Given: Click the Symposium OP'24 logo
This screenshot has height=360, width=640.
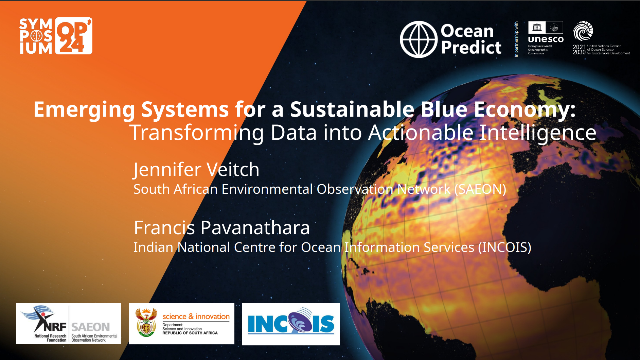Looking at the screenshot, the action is click(x=56, y=36).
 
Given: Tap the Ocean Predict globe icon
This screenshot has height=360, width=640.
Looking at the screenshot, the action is click(x=419, y=39).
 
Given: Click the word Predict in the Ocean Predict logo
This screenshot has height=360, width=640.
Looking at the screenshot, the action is click(x=471, y=47).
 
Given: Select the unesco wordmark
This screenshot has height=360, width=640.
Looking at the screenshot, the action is click(x=546, y=39).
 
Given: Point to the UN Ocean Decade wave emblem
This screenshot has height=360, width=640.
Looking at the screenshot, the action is click(x=583, y=31).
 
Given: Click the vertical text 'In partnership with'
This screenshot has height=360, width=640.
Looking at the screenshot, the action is click(x=516, y=39).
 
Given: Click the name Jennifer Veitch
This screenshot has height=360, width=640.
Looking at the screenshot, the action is click(x=196, y=169).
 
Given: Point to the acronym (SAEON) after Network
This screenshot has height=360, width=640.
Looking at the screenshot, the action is click(x=480, y=189).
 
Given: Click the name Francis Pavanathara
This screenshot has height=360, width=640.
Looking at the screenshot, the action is click(x=222, y=227).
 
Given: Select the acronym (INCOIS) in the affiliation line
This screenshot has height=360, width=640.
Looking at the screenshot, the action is click(x=504, y=247).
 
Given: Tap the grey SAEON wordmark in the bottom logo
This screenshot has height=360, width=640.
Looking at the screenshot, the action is click(x=90, y=327).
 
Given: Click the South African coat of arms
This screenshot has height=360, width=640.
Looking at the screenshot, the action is click(x=146, y=323).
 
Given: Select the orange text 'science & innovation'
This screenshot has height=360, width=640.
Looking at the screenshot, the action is click(x=196, y=316).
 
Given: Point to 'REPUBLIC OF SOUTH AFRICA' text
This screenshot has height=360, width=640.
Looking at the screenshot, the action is click(x=190, y=333).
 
